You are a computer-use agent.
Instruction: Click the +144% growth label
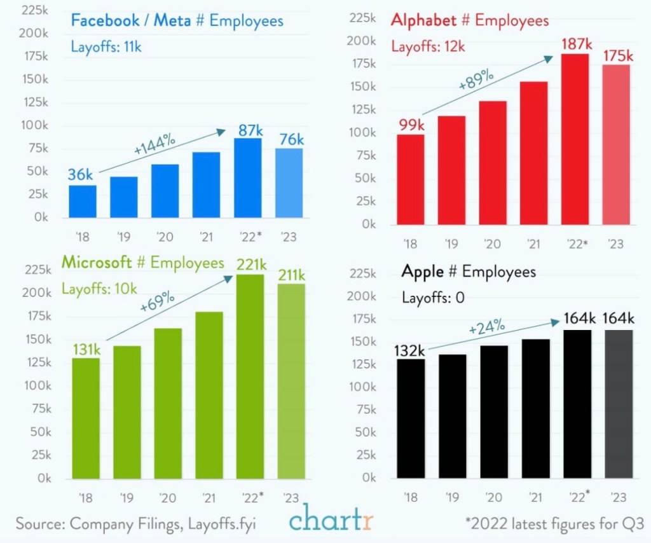pos(154,145)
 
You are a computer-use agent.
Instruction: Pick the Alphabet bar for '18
pos(410,179)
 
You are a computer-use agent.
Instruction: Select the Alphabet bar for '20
pos(493,163)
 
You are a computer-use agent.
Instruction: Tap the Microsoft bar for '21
pos(209,395)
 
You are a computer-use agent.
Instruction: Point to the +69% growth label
pos(154,301)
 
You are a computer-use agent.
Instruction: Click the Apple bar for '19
pos(452,416)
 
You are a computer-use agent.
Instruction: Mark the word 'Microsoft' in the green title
pos(96,263)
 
